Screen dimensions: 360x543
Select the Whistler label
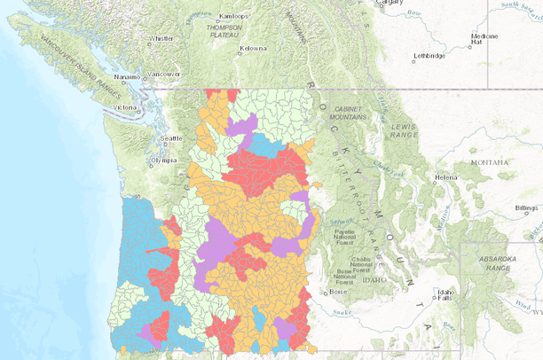point(161,39)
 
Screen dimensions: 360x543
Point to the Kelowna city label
point(253,48)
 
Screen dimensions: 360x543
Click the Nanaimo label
point(127,76)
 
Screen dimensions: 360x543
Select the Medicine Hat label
point(484,39)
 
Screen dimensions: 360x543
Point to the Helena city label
point(445,177)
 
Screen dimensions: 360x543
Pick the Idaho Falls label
point(444,294)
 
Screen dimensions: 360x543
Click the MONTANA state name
point(490,163)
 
